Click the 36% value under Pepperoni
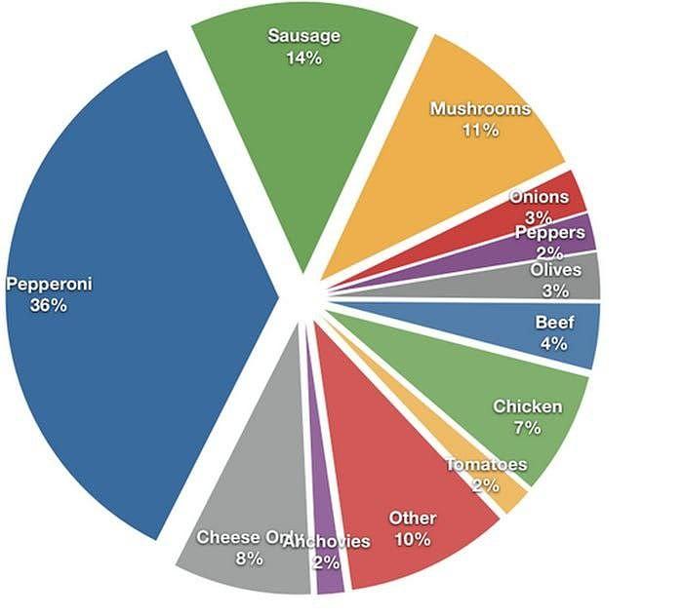point(48,305)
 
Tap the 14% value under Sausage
point(303,58)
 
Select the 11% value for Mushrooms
point(480,130)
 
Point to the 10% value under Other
point(413,538)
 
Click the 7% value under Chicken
point(527,427)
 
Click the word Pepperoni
point(48,285)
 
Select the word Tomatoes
point(486,465)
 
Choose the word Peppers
point(550,233)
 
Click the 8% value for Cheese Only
point(248,558)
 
